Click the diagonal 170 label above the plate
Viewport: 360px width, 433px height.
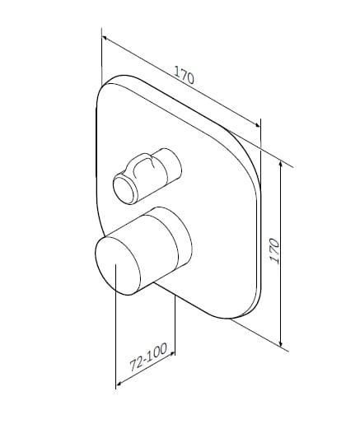pyautogui.click(x=184, y=75)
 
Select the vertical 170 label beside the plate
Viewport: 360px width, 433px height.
pyautogui.click(x=274, y=250)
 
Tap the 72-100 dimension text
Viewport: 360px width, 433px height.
pyautogui.click(x=148, y=356)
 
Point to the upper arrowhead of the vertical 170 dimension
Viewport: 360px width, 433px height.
pyautogui.click(x=281, y=164)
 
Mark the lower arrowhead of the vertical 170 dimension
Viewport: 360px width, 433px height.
pyautogui.click(x=281, y=343)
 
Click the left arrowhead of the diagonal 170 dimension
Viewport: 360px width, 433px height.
pyautogui.click(x=105, y=39)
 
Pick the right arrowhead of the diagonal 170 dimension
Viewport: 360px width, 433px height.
pyautogui.click(x=257, y=125)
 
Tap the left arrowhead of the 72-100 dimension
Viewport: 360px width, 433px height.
pyautogui.click(x=119, y=384)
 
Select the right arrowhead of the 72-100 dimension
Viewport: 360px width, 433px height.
pyautogui.click(x=172, y=354)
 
